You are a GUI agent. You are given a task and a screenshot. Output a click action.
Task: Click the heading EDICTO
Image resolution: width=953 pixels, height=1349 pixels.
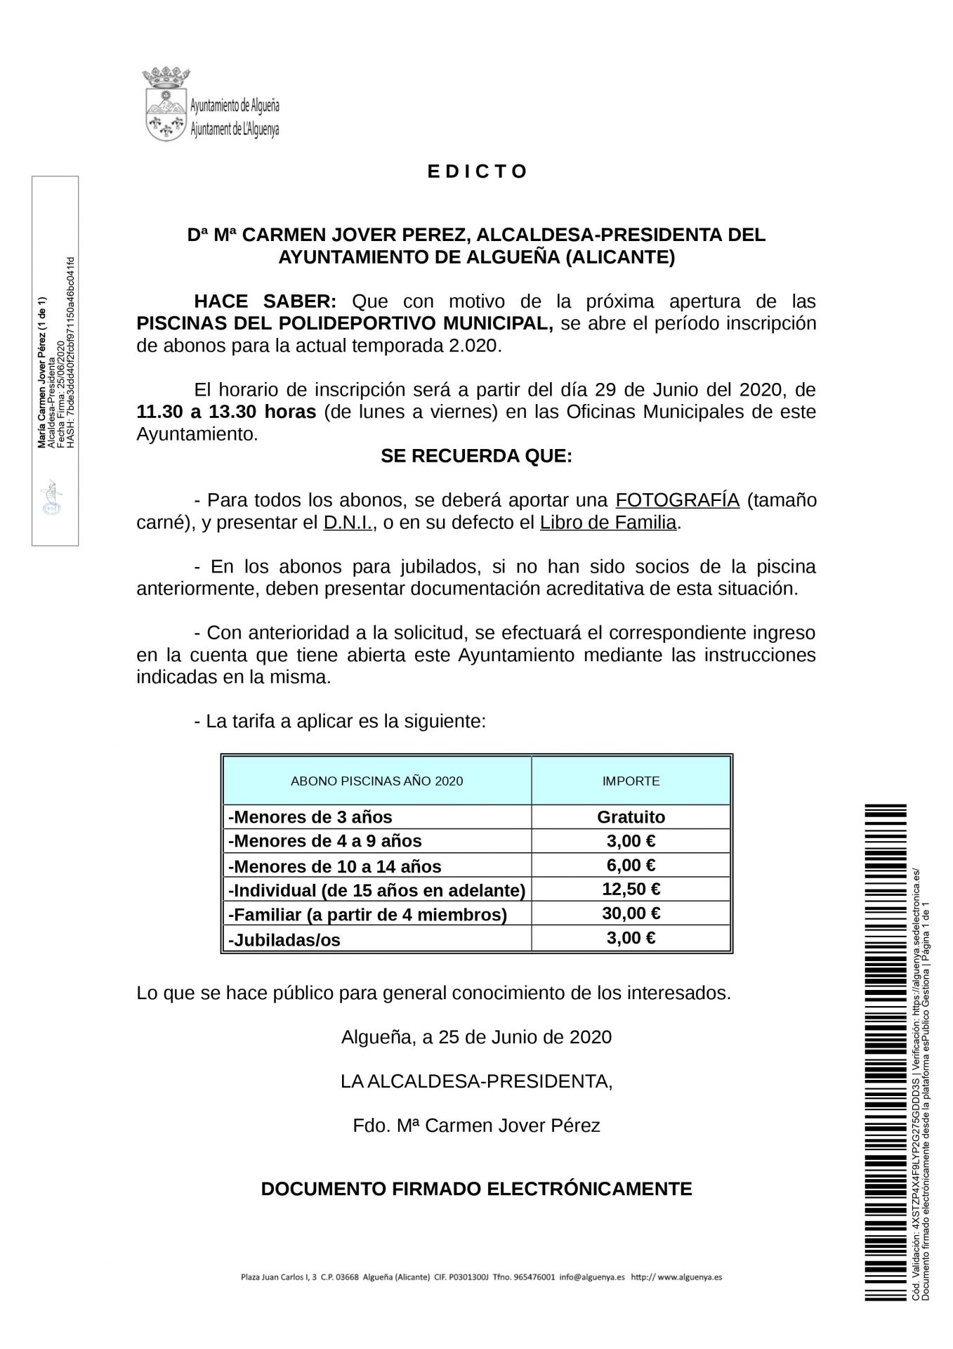478,171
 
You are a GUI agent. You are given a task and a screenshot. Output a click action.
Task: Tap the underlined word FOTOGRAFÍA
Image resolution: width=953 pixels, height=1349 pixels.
677,500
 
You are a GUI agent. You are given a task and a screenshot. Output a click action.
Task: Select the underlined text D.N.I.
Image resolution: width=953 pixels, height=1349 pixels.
347,523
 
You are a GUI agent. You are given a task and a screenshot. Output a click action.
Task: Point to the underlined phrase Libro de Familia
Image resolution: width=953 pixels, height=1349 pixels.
608,523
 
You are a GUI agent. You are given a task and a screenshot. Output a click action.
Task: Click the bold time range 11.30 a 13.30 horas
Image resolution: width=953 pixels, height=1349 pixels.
226,412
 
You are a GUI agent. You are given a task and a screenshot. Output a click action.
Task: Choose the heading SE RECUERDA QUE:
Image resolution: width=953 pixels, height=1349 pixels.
476,457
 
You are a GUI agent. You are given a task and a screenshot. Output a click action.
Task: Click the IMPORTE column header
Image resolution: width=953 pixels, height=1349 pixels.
631,781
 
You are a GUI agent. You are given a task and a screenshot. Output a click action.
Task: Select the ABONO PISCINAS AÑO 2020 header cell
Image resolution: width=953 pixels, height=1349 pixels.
376,781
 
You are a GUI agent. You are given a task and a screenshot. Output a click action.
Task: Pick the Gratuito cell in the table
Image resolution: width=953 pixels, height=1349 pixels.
631,817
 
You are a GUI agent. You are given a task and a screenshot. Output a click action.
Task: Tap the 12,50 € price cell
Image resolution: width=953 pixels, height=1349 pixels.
631,889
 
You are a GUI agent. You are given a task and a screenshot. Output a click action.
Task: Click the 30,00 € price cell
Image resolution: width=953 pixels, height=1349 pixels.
631,913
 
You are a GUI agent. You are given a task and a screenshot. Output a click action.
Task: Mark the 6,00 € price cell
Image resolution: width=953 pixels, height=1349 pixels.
631,866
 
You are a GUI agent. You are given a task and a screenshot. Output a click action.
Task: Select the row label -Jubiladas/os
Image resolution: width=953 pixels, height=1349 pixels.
284,939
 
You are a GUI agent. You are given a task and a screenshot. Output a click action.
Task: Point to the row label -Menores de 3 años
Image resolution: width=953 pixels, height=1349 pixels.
310,817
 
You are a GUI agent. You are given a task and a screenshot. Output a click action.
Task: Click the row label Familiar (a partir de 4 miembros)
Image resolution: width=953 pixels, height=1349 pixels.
367,915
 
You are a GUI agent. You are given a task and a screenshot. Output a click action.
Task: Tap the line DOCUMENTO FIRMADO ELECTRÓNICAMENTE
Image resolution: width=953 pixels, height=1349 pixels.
476,1189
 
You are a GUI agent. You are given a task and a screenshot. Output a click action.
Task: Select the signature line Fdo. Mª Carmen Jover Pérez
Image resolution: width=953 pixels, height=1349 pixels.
476,1126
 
